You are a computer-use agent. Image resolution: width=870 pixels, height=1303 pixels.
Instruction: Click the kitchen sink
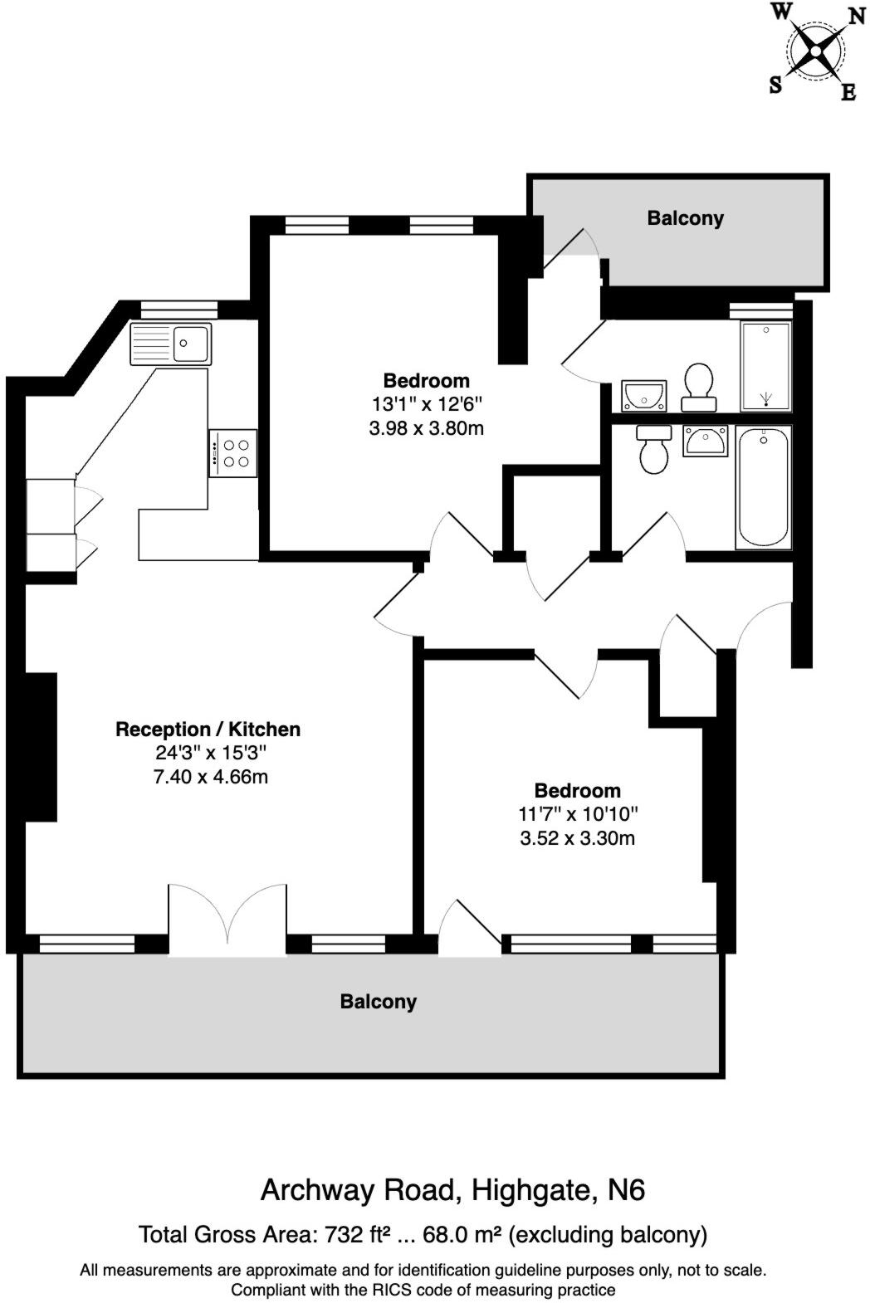[x=171, y=343]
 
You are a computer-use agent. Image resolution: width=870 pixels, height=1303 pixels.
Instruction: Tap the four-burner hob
[x=232, y=453]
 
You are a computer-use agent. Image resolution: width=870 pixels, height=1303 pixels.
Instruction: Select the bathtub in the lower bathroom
[x=763, y=486]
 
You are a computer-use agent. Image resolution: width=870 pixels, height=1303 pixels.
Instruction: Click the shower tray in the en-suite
[x=765, y=366]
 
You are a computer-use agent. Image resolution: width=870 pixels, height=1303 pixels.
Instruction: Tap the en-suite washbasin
[x=643, y=396]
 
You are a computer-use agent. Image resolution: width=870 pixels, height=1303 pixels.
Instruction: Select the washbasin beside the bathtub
[x=705, y=440]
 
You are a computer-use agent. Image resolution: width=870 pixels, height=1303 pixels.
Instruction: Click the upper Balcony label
[x=685, y=218]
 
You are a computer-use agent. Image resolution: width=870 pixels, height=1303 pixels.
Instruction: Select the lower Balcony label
[x=378, y=1002]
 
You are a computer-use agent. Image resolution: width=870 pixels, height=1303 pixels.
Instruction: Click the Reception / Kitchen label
[x=208, y=730]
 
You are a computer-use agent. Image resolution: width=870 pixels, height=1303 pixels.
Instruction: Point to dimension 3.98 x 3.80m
[x=426, y=429]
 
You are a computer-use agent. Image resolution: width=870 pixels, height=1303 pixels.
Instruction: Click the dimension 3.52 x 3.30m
[x=577, y=838]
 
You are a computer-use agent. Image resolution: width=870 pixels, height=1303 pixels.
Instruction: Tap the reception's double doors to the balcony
[x=227, y=917]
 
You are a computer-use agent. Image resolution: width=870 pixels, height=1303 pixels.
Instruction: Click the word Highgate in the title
[x=533, y=1190]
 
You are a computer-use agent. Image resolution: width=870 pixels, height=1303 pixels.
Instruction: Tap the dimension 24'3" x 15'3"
[x=211, y=754]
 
